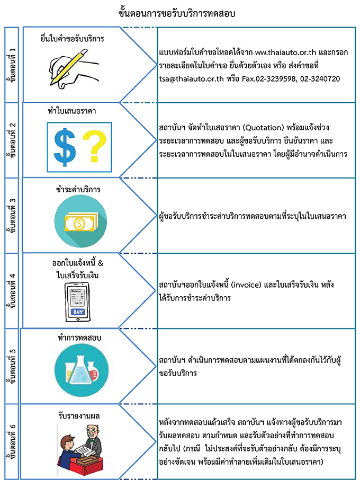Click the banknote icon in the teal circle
[80, 223]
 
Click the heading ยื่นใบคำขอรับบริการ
[73, 39]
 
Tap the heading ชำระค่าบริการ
[78, 189]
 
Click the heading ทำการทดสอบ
[79, 337]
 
